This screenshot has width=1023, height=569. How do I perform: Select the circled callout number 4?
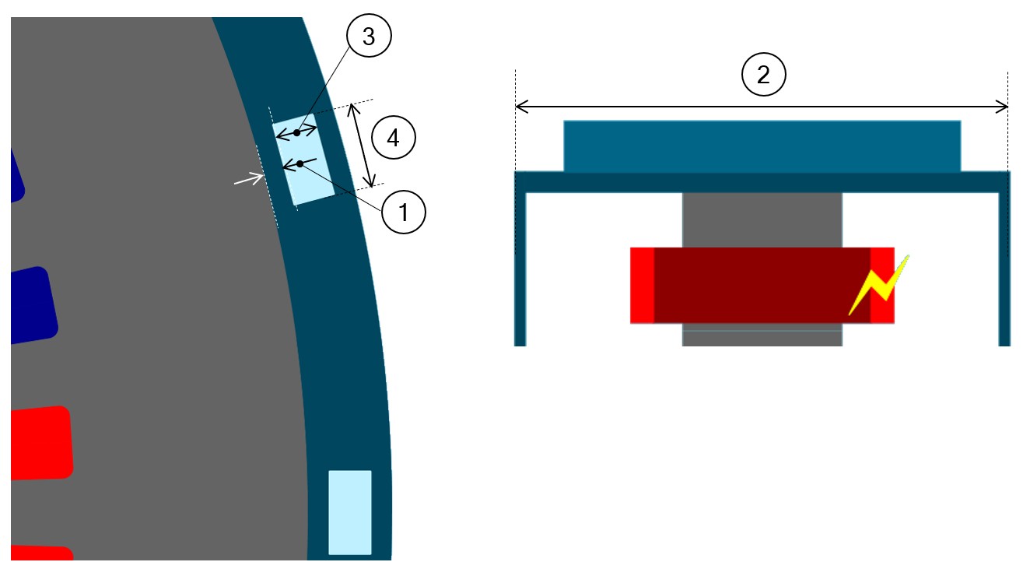394,139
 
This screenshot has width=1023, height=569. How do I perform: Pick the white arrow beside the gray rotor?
248,180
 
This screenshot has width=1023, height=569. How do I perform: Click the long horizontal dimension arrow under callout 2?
762,107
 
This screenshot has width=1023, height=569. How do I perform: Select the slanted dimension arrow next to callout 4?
363,145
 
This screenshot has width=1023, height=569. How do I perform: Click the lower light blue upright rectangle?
349,511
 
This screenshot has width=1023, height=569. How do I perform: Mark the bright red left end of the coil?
642,285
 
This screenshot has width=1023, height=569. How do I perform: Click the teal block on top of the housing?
762,146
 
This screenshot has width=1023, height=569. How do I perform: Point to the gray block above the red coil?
762,220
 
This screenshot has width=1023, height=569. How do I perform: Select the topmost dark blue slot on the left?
16,176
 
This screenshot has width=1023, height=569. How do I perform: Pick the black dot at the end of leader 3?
296,133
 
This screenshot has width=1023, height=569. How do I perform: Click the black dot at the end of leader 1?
300,163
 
